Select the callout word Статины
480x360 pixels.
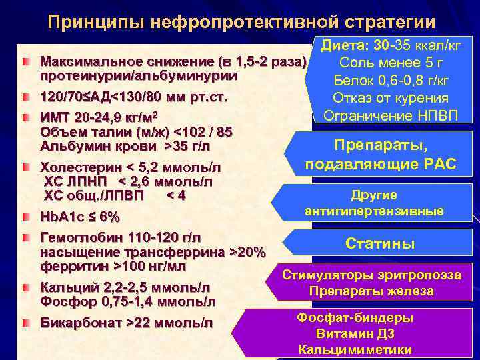click(x=380, y=244)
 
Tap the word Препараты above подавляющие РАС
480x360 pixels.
click(x=381, y=145)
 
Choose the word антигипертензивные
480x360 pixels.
click(x=374, y=211)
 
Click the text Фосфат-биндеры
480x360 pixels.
click(x=355, y=318)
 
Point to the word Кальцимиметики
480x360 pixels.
click(x=355, y=349)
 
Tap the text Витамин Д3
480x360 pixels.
click(x=355, y=333)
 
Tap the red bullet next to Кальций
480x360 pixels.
click(x=25, y=287)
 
